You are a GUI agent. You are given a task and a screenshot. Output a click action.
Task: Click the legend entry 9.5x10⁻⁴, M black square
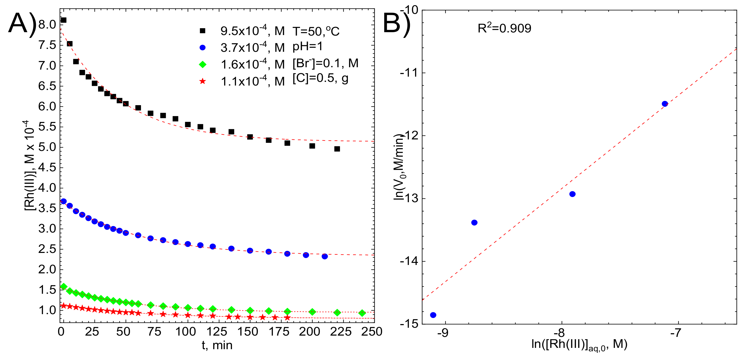pyautogui.click(x=202, y=31)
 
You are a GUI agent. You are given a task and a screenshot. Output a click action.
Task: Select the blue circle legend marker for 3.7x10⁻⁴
pyautogui.click(x=202, y=48)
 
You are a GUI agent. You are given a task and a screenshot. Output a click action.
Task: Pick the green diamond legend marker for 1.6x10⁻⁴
pyautogui.click(x=202, y=64)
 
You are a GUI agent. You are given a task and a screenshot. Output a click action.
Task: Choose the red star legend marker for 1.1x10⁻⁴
pyautogui.click(x=202, y=81)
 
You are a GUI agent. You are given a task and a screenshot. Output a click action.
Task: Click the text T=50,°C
pyautogui.click(x=316, y=31)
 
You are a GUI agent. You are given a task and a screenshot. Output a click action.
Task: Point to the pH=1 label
pyautogui.click(x=307, y=47)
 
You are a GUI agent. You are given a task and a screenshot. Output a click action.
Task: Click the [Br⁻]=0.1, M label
pyautogui.click(x=325, y=63)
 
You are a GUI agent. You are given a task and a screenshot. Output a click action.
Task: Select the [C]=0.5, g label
pyautogui.click(x=320, y=78)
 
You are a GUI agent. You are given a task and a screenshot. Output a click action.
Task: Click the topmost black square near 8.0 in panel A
pyautogui.click(x=63, y=20)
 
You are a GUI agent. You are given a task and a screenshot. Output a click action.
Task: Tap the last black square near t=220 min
pyautogui.click(x=337, y=149)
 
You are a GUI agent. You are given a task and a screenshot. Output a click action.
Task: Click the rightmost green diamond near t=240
pyautogui.click(x=362, y=313)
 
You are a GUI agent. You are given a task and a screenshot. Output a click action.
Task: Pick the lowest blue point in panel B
pyautogui.click(x=433, y=315)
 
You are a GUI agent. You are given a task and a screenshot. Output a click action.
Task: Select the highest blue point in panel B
pyautogui.click(x=665, y=104)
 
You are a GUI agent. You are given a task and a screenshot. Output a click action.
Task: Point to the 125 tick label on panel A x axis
pyautogui.click(x=216, y=331)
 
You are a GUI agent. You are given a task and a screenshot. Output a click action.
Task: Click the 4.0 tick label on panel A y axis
pyautogui.click(x=47, y=188)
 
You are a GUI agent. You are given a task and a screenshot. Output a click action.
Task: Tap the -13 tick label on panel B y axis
pyautogui.click(x=409, y=199)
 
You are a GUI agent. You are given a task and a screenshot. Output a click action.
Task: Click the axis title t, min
pyautogui.click(x=217, y=346)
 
